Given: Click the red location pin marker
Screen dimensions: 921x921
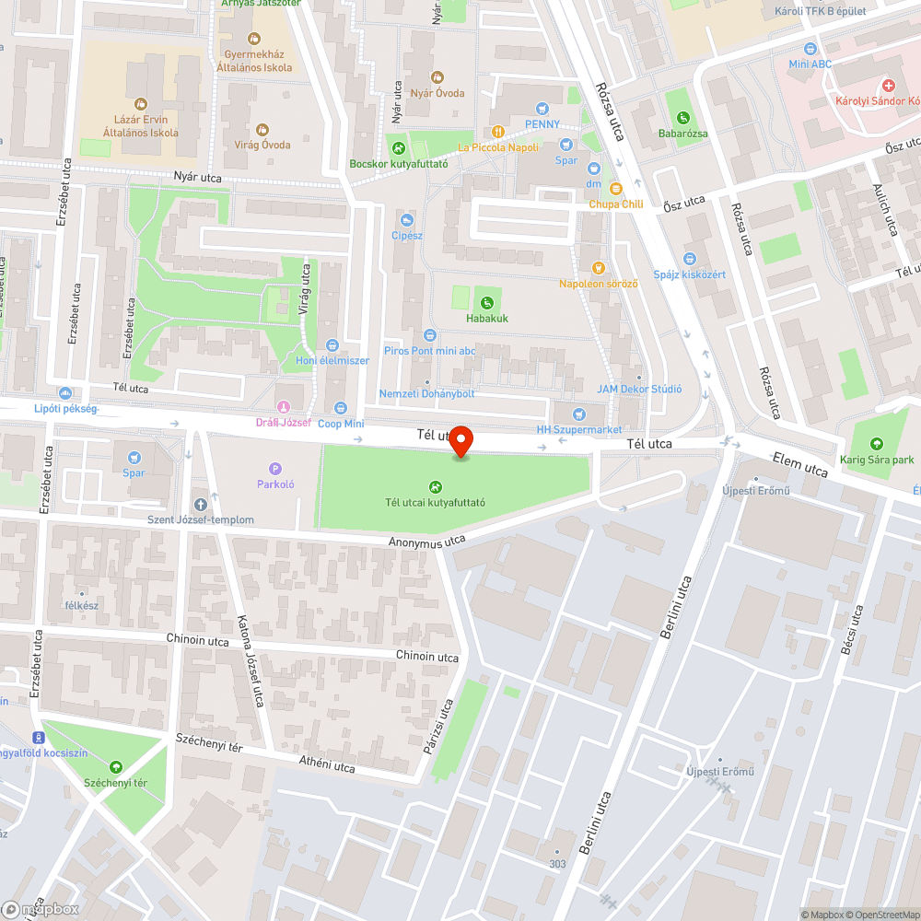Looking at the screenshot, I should tap(460, 441).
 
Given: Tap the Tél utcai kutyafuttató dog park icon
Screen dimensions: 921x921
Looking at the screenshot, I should tap(435, 486).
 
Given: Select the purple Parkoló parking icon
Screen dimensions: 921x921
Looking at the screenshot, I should tap(275, 469).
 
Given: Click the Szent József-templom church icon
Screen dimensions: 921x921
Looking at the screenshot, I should tap(201, 504).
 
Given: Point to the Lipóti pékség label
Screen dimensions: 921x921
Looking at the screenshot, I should tap(65, 409).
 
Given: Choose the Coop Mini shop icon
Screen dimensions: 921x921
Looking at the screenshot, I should tap(341, 408).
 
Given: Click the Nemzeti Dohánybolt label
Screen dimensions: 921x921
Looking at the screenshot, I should tap(426, 394).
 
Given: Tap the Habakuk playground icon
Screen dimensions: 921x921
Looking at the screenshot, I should tap(486, 302).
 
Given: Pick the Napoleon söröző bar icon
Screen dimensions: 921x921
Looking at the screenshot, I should tap(599, 268).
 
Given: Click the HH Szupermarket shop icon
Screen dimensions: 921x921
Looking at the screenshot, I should tap(578, 414).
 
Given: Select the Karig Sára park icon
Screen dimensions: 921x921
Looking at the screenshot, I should tap(877, 443).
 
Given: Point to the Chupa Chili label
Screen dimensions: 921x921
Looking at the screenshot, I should tap(615, 204).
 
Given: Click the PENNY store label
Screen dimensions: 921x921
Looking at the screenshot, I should tap(542, 124).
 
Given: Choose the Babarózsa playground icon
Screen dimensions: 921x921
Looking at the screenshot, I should tap(682, 118).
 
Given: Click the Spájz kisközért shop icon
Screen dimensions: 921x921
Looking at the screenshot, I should tap(690, 259).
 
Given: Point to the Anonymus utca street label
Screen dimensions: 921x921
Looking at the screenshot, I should tap(427, 543).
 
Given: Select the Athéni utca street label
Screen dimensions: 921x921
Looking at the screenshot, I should tap(327, 765).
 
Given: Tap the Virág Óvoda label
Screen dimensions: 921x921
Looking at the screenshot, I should tap(262, 145).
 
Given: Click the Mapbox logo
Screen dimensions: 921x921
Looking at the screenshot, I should tap(41, 909).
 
